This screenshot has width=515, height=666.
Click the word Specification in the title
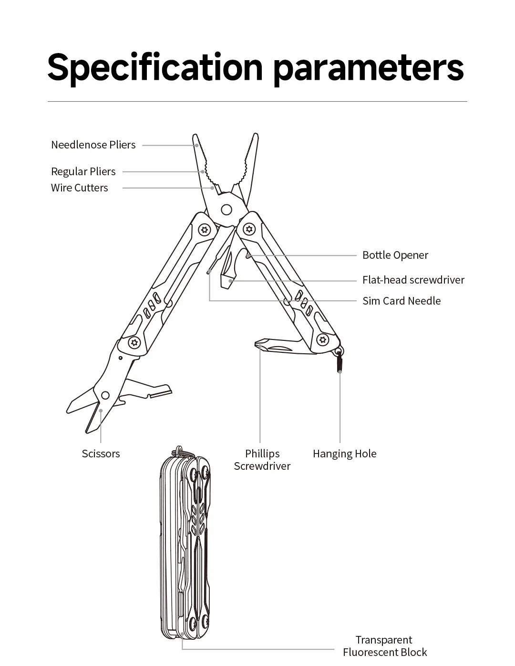pyautogui.click(x=155, y=67)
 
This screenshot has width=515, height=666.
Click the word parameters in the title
pyautogui.click(x=368, y=67)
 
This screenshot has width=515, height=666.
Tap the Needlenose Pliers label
pyautogui.click(x=93, y=145)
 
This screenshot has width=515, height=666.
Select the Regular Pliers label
pyautogui.click(x=83, y=171)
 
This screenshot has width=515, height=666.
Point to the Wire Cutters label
pyautogui.click(x=79, y=188)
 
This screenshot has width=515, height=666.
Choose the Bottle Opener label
pyautogui.click(x=395, y=255)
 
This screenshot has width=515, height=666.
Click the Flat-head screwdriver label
pyautogui.click(x=413, y=280)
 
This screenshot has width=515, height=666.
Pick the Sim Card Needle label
pyautogui.click(x=401, y=301)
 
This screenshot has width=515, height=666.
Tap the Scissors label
pyautogui.click(x=101, y=454)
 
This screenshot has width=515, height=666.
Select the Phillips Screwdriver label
pyautogui.click(x=262, y=460)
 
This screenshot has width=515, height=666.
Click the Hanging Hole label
pyautogui.click(x=344, y=454)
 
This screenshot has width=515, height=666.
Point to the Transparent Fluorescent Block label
pyautogui.click(x=384, y=646)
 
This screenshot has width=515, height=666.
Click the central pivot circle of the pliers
pyautogui.click(x=227, y=209)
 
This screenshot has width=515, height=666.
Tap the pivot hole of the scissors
pyautogui.click(x=105, y=395)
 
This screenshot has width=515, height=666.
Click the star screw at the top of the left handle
pyautogui.click(x=205, y=230)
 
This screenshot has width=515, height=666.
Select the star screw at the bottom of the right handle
pyautogui.click(x=323, y=339)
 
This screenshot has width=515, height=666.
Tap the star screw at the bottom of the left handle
pyautogui.click(x=134, y=342)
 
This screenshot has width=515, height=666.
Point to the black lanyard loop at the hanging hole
pyautogui.click(x=340, y=363)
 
